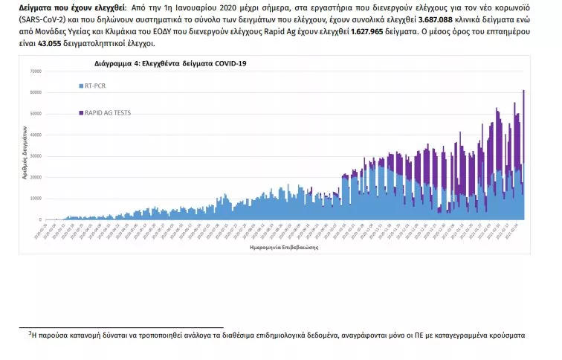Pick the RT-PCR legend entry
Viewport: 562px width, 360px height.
[x=96, y=86]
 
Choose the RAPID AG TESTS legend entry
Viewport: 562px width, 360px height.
[x=109, y=113]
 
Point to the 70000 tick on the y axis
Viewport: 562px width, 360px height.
[x=36, y=71]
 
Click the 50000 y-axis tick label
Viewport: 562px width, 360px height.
[x=36, y=114]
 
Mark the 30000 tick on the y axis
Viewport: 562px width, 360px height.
[x=36, y=156]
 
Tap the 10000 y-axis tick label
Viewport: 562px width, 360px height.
[x=36, y=199]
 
